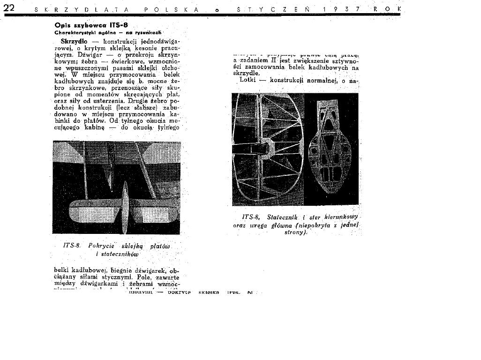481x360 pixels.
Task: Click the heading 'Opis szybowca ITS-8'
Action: (x=91, y=25)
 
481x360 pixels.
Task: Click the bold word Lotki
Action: (x=248, y=80)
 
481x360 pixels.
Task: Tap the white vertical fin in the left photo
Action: (x=125, y=206)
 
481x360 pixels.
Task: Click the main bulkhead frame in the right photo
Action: (x=331, y=150)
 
